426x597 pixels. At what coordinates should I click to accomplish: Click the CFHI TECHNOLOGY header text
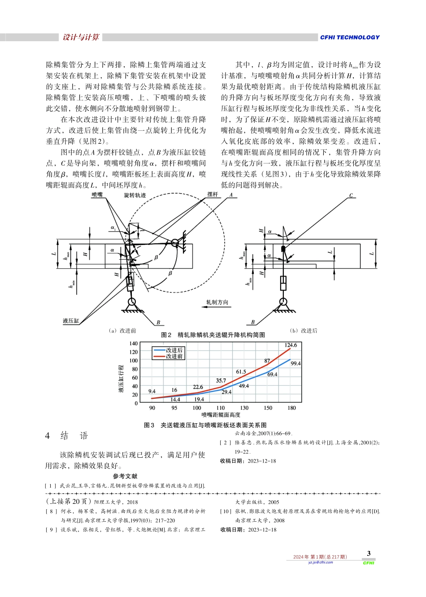[349, 38]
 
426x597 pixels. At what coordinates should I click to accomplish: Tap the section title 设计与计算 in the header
[81, 38]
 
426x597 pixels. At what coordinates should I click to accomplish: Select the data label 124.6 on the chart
[291, 345]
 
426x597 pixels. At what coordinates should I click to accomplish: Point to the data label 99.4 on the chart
[296, 364]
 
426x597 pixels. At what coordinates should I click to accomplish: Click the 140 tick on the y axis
[134, 344]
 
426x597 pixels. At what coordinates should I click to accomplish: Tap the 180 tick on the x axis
[291, 408]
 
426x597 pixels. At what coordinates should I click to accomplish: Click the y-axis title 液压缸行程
[121, 379]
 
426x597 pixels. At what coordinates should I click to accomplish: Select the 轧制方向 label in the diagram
[217, 302]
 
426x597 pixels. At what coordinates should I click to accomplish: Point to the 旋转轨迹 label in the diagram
[135, 195]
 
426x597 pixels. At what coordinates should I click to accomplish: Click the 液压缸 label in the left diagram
[71, 321]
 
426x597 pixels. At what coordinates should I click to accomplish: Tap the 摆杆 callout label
[213, 194]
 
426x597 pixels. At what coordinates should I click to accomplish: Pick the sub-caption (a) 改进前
[122, 331]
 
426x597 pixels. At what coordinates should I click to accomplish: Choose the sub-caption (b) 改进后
[304, 331]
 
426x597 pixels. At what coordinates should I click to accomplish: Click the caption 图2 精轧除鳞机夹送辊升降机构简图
[213, 335]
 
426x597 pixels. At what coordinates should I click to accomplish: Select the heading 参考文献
[125, 477]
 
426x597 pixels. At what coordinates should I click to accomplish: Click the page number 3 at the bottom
[369, 554]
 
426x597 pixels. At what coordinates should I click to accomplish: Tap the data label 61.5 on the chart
[241, 372]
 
